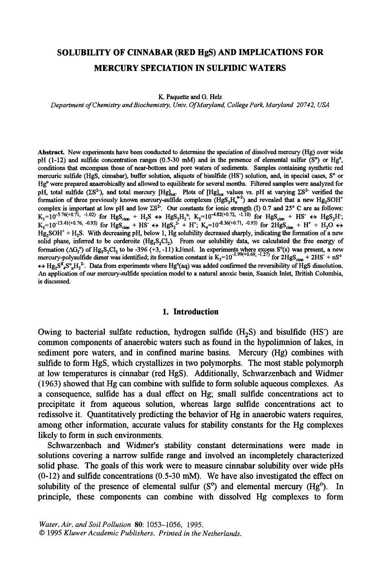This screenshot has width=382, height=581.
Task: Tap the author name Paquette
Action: point(176,97)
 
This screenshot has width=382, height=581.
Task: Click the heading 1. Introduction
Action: point(190,312)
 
